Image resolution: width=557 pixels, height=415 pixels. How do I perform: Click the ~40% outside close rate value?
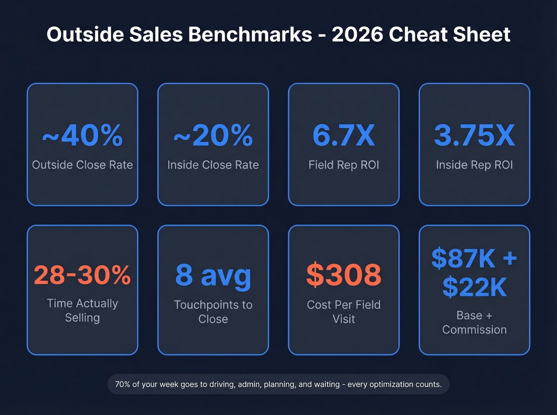point(82,136)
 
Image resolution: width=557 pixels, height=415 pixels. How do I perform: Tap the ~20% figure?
point(213,136)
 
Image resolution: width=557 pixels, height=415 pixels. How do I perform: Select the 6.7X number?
point(344,136)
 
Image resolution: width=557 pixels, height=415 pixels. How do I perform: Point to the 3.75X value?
point(474,136)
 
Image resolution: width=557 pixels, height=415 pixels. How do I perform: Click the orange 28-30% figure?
point(82,275)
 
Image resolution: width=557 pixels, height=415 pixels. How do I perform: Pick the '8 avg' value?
point(213,275)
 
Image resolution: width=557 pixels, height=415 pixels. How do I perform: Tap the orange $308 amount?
point(344,275)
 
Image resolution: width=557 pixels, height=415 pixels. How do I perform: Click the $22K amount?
point(474,287)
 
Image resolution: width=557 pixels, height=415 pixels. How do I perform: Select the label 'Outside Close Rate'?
point(82,165)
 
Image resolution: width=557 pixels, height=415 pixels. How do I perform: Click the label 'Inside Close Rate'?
point(213,165)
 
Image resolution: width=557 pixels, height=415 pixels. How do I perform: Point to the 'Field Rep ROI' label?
point(344,165)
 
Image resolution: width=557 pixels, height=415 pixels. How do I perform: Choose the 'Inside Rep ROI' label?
point(474,165)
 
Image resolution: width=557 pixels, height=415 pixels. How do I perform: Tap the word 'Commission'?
point(474,330)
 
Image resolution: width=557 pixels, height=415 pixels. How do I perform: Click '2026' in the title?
point(357,35)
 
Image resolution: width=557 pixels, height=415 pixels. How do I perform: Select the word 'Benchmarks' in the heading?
point(250,35)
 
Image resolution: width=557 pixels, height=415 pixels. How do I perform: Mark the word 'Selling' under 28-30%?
point(82,318)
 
